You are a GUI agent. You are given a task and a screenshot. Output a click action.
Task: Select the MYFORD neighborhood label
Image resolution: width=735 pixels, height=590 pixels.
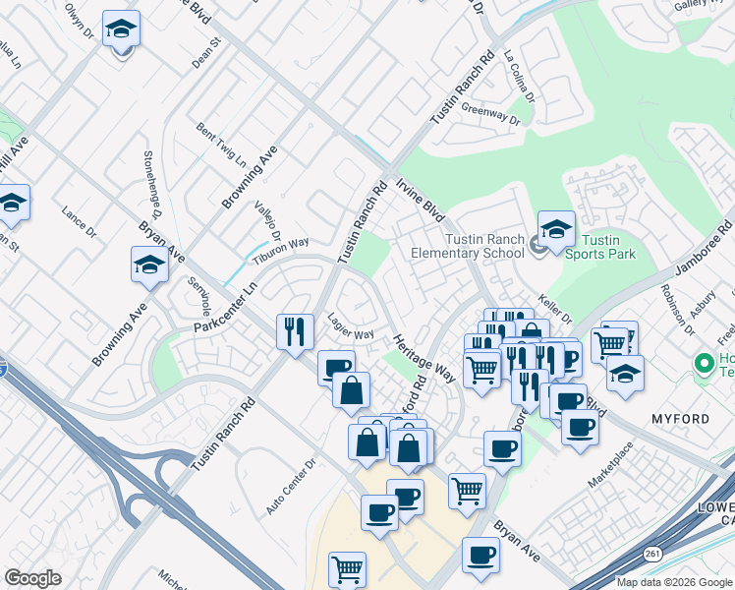[680, 419]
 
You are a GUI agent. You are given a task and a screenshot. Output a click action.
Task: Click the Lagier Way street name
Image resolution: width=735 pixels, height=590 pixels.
[351, 334]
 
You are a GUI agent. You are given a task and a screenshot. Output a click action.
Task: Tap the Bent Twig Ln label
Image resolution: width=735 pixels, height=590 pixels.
[220, 144]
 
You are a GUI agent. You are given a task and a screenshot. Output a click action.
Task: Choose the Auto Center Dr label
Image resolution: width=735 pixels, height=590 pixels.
[292, 486]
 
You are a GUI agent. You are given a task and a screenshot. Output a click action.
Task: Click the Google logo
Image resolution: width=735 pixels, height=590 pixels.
[32, 578]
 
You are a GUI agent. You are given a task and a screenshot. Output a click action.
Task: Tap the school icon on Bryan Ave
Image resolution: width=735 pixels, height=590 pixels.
[149, 265]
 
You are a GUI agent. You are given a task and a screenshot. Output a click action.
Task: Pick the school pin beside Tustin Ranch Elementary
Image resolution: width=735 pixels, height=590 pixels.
[555, 230]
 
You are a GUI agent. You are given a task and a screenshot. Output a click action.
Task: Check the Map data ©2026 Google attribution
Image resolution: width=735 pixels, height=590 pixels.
[674, 582]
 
